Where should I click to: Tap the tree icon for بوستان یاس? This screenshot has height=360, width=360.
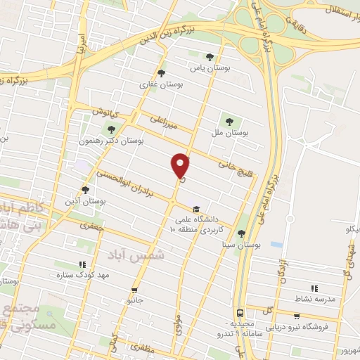(210, 57)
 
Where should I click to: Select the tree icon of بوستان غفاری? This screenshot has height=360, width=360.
(161, 72)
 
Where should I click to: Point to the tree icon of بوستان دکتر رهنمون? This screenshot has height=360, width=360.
(110, 129)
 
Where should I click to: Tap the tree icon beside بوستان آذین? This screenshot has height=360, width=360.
(86, 189)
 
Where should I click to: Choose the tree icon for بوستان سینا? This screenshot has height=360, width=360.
(241, 233)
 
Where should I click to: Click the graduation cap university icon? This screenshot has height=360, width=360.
(195, 208)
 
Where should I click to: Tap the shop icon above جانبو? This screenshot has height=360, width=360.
(134, 289)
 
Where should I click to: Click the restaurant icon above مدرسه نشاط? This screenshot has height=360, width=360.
(314, 288)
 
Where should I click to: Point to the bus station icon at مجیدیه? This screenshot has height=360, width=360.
(240, 312)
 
